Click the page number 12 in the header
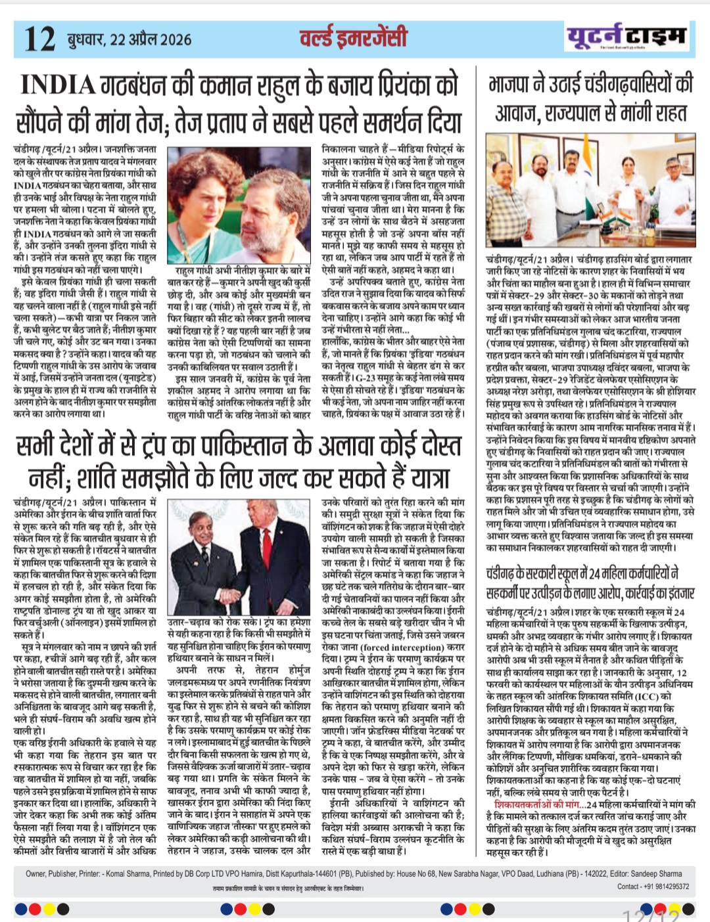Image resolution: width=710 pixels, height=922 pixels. pos(39,39)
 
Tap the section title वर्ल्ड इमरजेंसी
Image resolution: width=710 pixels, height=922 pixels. pos(354,37)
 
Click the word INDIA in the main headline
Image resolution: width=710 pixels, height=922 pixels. pos(58,85)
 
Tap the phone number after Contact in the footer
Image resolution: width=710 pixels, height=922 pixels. pos(667,887)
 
